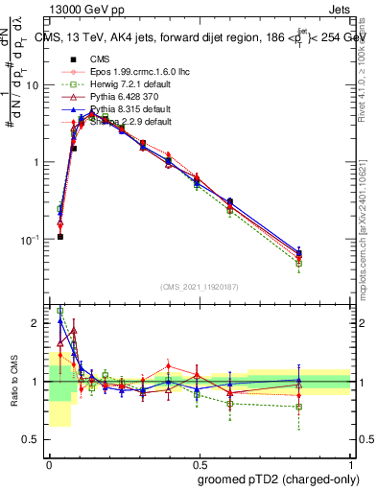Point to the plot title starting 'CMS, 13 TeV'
(x=201, y=37)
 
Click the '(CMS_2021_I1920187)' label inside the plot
(x=200, y=286)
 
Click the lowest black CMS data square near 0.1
(x=59, y=237)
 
